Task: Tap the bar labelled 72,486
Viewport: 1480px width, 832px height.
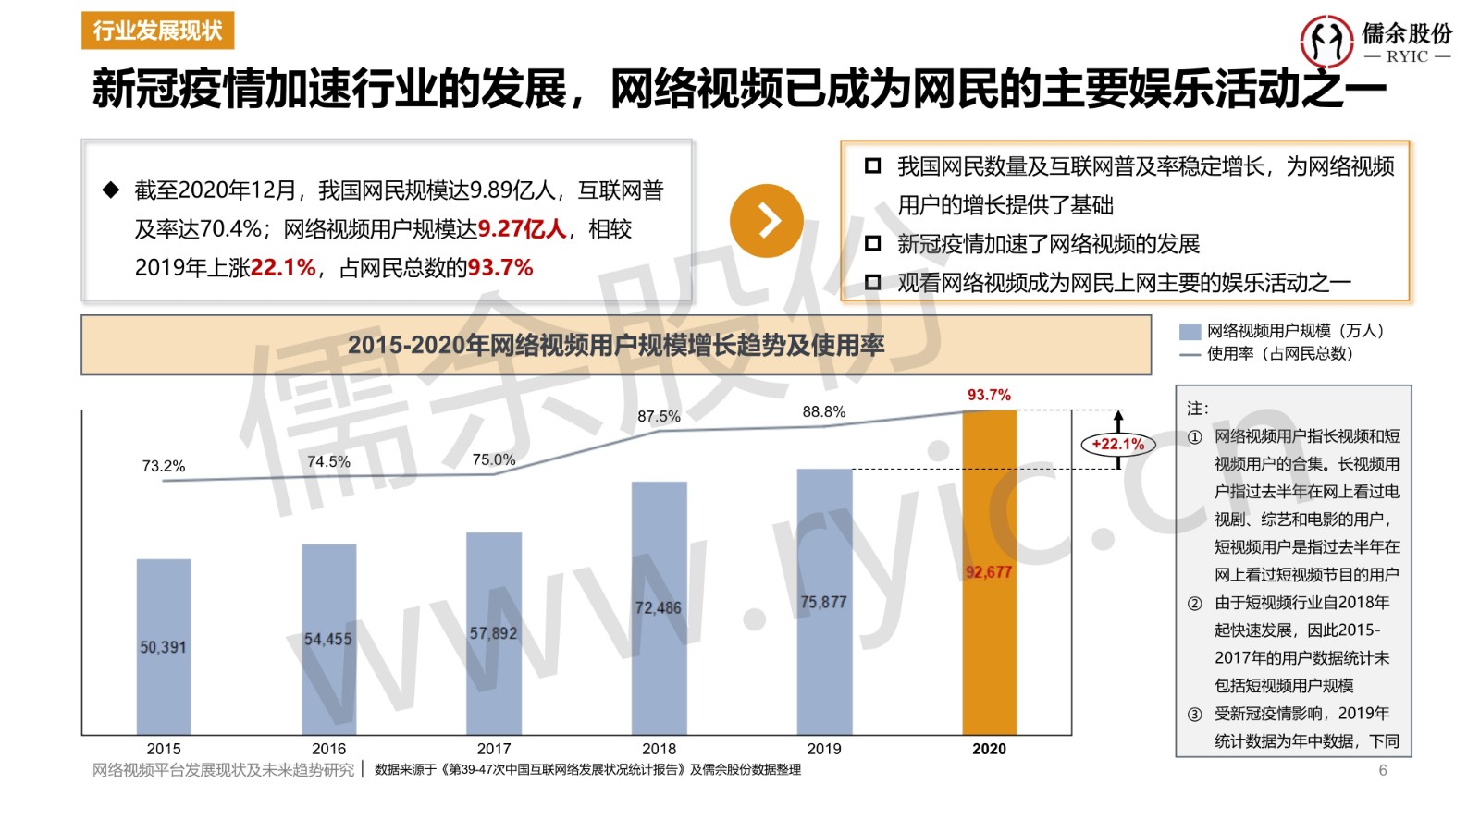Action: click(x=659, y=607)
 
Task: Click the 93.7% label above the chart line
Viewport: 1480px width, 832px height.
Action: click(x=989, y=395)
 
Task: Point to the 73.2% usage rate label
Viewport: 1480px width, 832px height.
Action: click(x=164, y=466)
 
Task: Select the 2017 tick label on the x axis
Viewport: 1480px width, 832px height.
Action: click(x=494, y=749)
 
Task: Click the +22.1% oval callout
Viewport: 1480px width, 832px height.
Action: click(x=1117, y=444)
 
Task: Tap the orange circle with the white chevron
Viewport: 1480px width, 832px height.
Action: click(x=767, y=220)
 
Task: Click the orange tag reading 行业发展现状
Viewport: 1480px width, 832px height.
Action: click(x=157, y=31)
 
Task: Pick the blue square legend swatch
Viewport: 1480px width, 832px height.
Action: click(x=1190, y=332)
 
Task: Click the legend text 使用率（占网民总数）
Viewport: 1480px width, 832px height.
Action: click(x=1279, y=353)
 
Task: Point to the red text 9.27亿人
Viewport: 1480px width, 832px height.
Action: click(x=522, y=228)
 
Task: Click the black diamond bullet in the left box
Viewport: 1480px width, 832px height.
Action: click(x=111, y=190)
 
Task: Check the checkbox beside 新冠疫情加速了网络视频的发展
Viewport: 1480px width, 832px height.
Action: click(x=872, y=243)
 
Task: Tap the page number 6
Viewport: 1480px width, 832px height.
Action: click(x=1383, y=770)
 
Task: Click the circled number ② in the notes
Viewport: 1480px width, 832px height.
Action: click(x=1195, y=603)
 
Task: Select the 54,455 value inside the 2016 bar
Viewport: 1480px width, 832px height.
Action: click(x=328, y=639)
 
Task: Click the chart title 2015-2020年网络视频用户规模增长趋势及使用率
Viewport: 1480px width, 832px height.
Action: click(x=616, y=345)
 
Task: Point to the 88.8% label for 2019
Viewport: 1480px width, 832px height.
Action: click(x=823, y=411)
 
